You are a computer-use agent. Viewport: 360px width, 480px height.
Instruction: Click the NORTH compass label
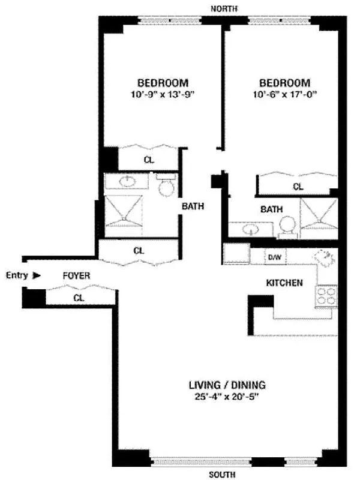(223, 8)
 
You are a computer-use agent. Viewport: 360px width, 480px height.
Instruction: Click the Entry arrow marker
(37, 276)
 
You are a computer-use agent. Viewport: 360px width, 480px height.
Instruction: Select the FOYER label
(77, 276)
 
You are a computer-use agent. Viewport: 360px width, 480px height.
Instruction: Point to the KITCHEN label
(284, 283)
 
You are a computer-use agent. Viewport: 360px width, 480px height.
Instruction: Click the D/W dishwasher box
(274, 257)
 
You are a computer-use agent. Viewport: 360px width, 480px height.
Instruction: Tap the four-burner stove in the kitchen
(326, 295)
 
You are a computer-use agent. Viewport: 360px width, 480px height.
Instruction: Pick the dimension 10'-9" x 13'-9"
(163, 94)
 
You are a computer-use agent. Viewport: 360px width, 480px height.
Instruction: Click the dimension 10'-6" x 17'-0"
(284, 94)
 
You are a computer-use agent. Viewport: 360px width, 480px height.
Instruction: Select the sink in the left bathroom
(127, 182)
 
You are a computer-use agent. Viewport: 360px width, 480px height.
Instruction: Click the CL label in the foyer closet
(78, 298)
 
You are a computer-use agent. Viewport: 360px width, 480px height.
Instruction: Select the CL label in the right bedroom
(298, 187)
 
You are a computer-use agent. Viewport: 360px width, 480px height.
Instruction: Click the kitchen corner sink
(325, 259)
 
